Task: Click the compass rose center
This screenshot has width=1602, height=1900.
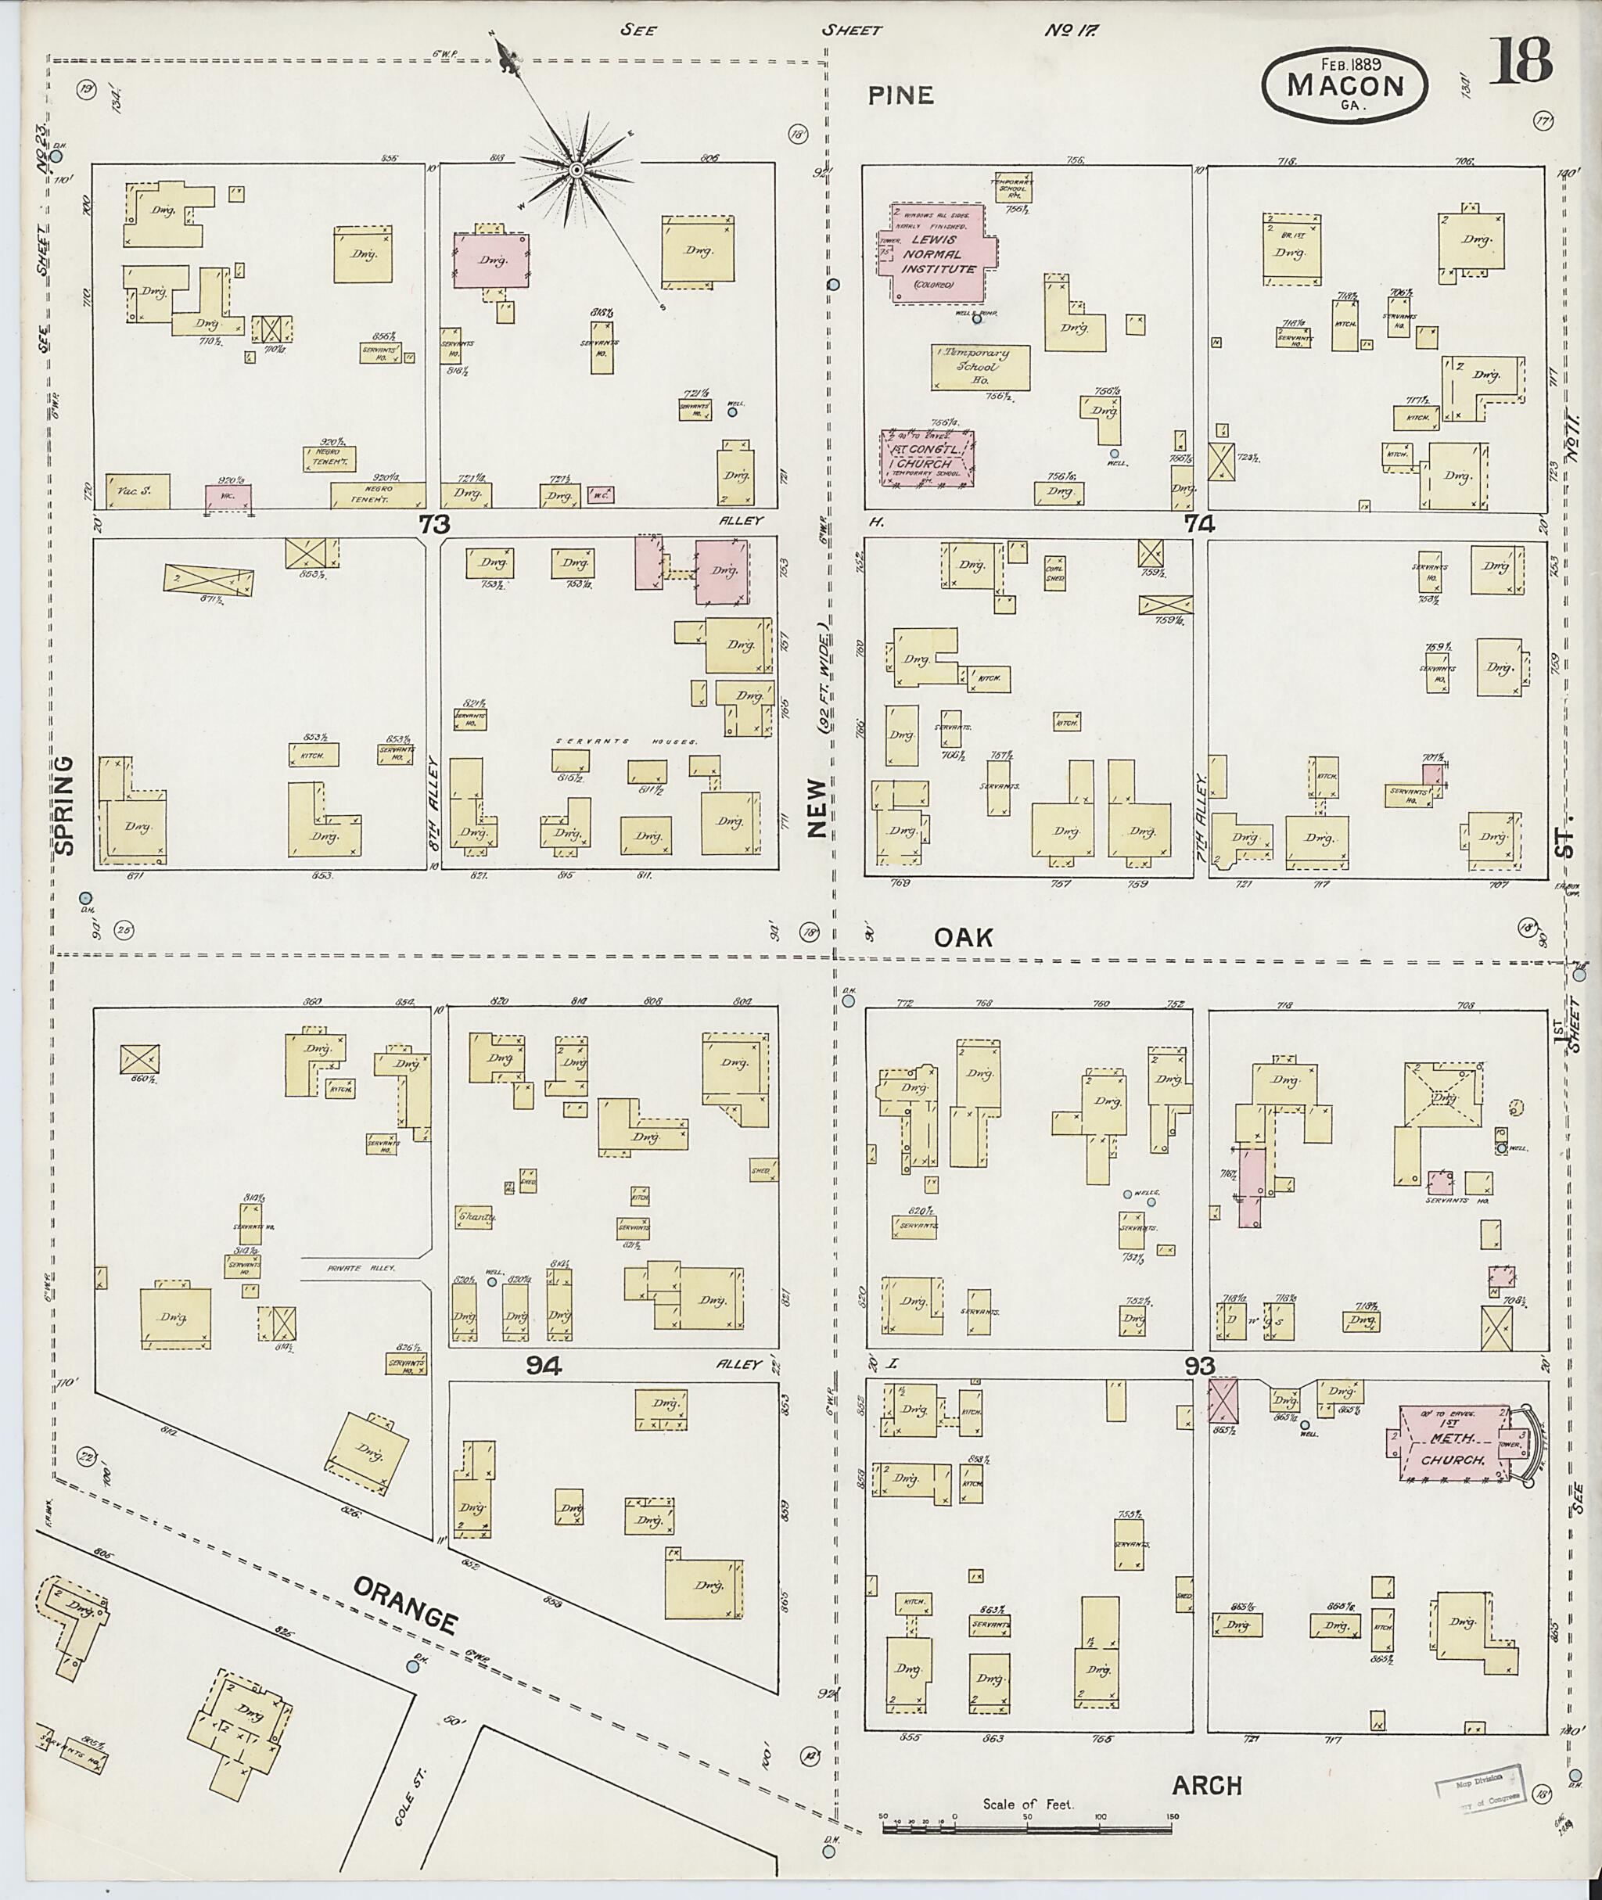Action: click(577, 170)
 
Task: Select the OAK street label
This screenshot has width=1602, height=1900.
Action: click(964, 937)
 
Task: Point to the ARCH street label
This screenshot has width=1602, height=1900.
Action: click(1206, 1786)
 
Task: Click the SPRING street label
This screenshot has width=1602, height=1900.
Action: click(64, 805)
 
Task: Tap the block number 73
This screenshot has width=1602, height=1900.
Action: click(434, 524)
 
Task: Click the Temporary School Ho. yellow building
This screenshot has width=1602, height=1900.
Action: click(981, 367)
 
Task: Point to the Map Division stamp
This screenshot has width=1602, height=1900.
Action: click(1480, 1786)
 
